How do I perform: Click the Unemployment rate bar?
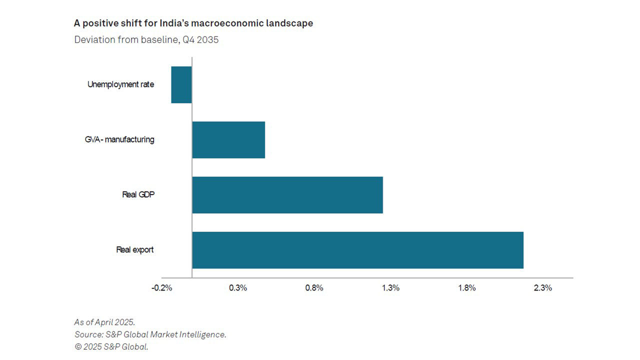[x=181, y=84]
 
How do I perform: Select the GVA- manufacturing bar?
[x=228, y=139]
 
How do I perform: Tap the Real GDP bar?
[x=287, y=194]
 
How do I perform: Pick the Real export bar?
[x=357, y=249]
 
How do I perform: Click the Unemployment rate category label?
[x=120, y=84]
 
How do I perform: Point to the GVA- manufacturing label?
[x=119, y=139]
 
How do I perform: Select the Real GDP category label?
[x=138, y=194]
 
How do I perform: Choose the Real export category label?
[x=135, y=249]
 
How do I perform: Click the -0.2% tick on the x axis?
[x=162, y=288]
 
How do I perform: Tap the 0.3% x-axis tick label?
[x=238, y=288]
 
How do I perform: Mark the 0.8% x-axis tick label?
[x=314, y=288]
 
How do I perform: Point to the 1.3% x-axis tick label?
[x=390, y=288]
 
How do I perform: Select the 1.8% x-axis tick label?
[x=466, y=288]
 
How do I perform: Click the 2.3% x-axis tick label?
[x=542, y=288]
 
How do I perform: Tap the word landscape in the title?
[x=289, y=23]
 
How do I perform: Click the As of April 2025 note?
[x=104, y=322]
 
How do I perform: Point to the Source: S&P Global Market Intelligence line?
[x=150, y=334]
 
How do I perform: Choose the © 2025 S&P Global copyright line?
[x=111, y=346]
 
